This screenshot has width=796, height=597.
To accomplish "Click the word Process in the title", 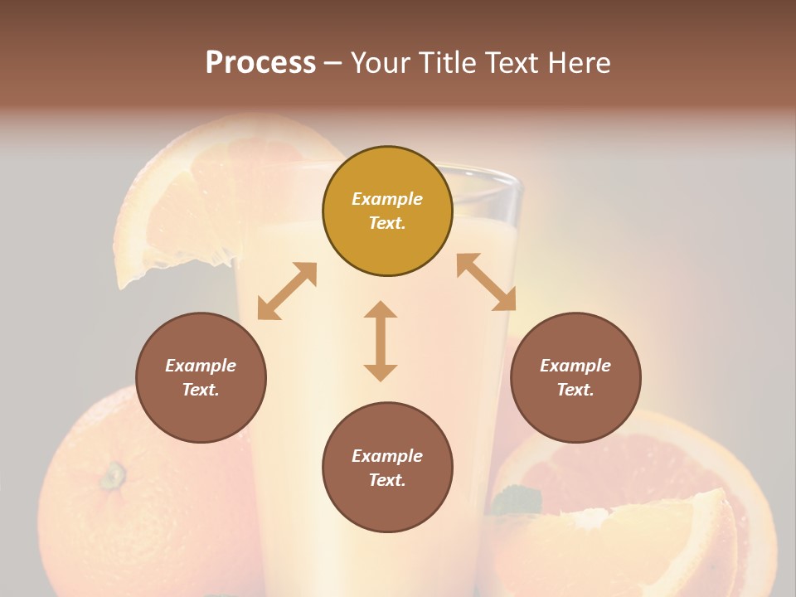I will point(260,63).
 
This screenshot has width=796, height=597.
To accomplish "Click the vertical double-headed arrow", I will point(381,341).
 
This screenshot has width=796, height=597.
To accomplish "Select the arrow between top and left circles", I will point(287,291).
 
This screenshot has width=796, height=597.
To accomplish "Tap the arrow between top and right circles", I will point(487,282).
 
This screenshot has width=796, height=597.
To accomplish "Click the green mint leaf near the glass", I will point(516,500).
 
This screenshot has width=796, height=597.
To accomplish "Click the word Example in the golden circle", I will point(387,199).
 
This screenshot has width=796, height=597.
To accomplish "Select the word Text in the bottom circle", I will point(387,480).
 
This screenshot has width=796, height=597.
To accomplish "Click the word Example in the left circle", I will point(201,366).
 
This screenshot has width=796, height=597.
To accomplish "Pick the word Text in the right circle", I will point(575,390).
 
